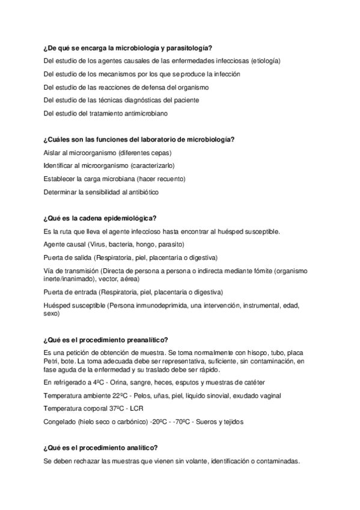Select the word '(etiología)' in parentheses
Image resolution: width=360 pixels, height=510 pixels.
pos(266,61)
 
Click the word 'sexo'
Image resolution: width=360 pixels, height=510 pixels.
pos(52,313)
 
